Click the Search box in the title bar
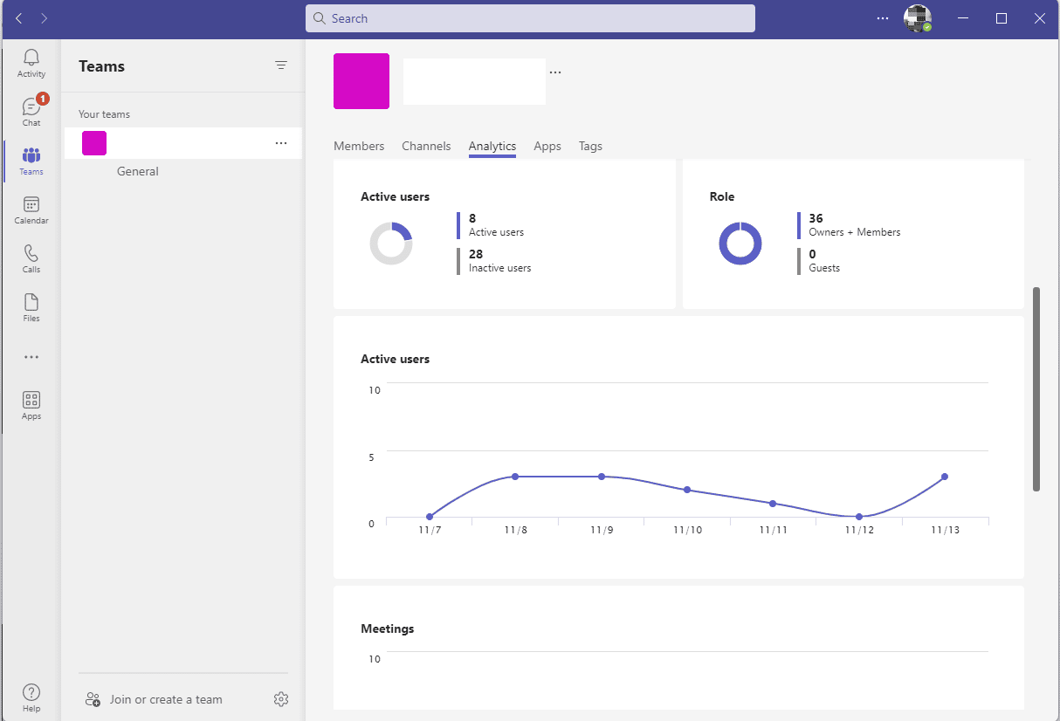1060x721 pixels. [x=530, y=18]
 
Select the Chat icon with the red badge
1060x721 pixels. [x=31, y=107]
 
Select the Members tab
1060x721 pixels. [x=359, y=146]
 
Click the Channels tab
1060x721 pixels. [x=426, y=146]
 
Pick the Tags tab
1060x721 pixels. [x=590, y=146]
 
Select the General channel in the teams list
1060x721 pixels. [x=138, y=171]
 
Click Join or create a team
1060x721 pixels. [x=166, y=699]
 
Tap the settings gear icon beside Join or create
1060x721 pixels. [x=280, y=699]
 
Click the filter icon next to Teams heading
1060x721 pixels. [x=281, y=65]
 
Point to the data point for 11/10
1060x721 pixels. [x=687, y=490]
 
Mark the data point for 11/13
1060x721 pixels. [x=945, y=477]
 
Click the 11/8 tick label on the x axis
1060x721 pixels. [x=515, y=530]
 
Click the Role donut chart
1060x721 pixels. [x=740, y=244]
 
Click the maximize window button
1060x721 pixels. [x=1001, y=18]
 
